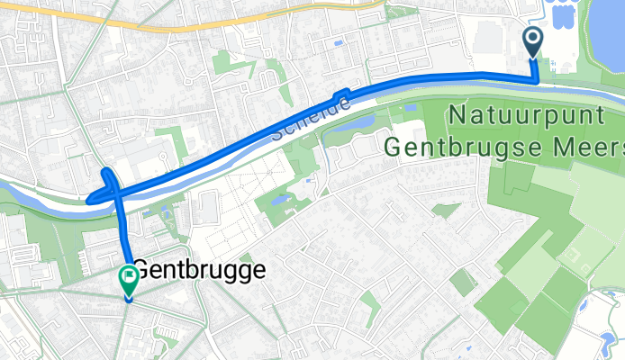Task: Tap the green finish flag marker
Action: [x=128, y=276]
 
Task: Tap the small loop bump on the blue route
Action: [x=341, y=95]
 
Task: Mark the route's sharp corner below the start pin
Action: [x=538, y=79]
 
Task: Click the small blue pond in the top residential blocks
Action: [x=338, y=42]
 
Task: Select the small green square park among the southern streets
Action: [x=462, y=283]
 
